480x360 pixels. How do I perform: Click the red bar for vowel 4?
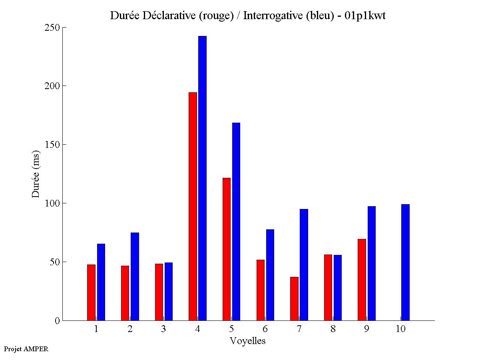193,206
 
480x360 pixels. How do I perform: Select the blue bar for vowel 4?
203,178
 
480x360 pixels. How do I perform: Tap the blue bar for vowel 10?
405,262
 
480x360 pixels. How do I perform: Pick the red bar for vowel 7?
294,298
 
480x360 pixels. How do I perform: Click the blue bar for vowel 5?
236,221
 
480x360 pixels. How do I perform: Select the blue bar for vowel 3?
169,291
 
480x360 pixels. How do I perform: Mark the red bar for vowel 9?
362,280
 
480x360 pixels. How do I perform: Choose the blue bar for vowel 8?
338,288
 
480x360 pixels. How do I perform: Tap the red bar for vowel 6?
260,290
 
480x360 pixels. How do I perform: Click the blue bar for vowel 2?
135,276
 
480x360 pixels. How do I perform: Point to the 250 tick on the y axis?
63,28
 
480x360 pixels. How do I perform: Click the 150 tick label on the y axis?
52,145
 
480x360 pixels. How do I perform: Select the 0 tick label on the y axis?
57,320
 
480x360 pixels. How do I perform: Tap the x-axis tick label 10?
400,329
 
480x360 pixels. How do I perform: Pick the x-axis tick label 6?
265,329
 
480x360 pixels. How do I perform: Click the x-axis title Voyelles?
248,341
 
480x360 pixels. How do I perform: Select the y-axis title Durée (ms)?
36,174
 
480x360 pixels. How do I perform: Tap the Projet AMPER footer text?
26,349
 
